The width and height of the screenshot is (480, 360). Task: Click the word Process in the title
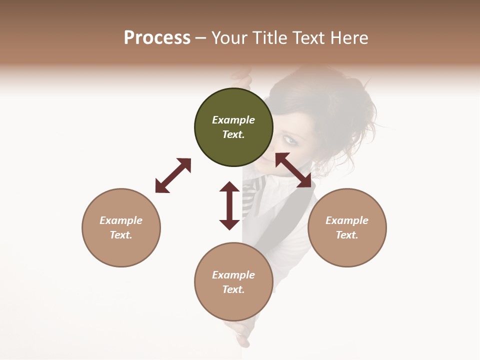(x=157, y=37)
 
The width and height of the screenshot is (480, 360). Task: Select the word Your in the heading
(x=230, y=37)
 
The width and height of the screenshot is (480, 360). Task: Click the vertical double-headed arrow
(x=229, y=205)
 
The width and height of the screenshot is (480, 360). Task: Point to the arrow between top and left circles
(x=173, y=175)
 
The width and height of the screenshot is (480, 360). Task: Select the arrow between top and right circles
(x=293, y=170)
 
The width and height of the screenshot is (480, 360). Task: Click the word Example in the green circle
(x=233, y=120)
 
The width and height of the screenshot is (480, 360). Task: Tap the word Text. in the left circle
(x=121, y=235)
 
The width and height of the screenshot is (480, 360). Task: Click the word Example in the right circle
(x=347, y=220)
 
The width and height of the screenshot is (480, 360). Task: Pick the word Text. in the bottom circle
(x=233, y=289)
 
